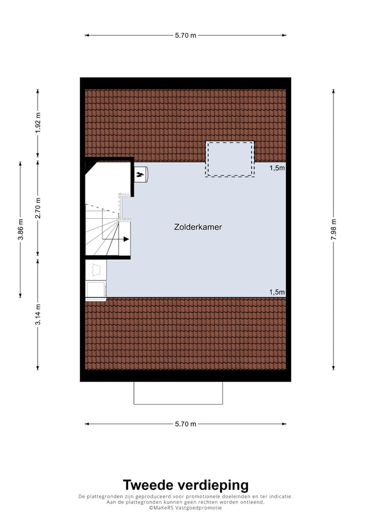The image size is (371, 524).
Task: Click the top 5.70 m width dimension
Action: [x=185, y=36]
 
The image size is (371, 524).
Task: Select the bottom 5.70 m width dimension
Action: [x=185, y=424]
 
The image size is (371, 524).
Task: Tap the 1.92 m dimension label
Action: [x=38, y=123]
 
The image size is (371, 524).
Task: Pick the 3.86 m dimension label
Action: [x=20, y=230]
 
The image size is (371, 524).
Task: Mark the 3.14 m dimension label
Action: [x=38, y=315]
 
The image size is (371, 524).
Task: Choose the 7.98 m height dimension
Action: [x=333, y=230]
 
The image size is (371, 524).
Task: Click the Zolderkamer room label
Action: [x=198, y=226]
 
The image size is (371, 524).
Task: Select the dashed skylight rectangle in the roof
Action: [x=230, y=159]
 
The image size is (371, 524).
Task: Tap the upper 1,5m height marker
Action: [x=277, y=168]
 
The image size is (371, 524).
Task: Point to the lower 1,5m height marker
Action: [x=277, y=292]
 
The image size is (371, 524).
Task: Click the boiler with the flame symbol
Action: [x=141, y=174]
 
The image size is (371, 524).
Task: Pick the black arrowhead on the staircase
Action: [x=125, y=239]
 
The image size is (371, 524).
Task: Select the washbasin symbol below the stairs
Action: [x=96, y=269]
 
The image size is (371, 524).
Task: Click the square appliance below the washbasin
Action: [x=96, y=290]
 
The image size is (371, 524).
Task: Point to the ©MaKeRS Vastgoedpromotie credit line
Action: [x=185, y=508]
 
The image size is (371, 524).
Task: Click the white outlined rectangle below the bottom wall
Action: [x=178, y=393]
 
